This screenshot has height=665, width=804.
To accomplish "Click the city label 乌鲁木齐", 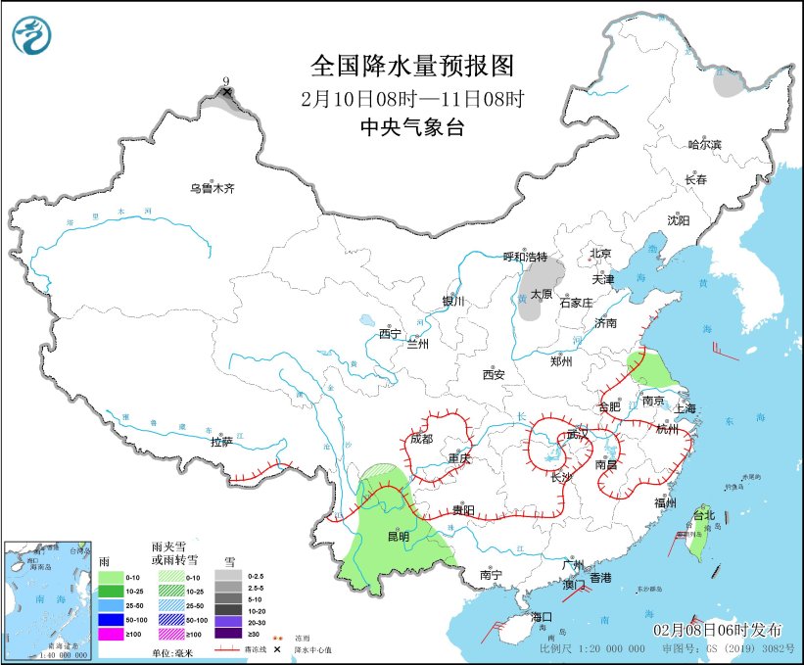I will pyautogui.click(x=213, y=188).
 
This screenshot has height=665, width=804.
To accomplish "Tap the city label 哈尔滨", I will pyautogui.click(x=703, y=145).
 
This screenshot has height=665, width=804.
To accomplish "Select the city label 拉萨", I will pyautogui.click(x=221, y=442).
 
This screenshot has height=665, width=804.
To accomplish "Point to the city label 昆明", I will pyautogui.click(x=398, y=537).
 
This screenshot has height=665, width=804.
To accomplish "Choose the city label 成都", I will pyautogui.click(x=421, y=439).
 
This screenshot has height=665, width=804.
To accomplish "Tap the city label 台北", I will pyautogui.click(x=704, y=515).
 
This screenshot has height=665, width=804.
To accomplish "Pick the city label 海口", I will pyautogui.click(x=542, y=617).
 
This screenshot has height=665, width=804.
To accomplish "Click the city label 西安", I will pyautogui.click(x=494, y=374).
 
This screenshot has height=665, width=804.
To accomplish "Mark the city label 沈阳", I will pyautogui.click(x=679, y=220).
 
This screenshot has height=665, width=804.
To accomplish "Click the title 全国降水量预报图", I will pyautogui.click(x=411, y=66).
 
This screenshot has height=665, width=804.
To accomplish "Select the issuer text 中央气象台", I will pyautogui.click(x=411, y=126).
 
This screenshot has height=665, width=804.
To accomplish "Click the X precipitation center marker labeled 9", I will pyautogui.click(x=227, y=92).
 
